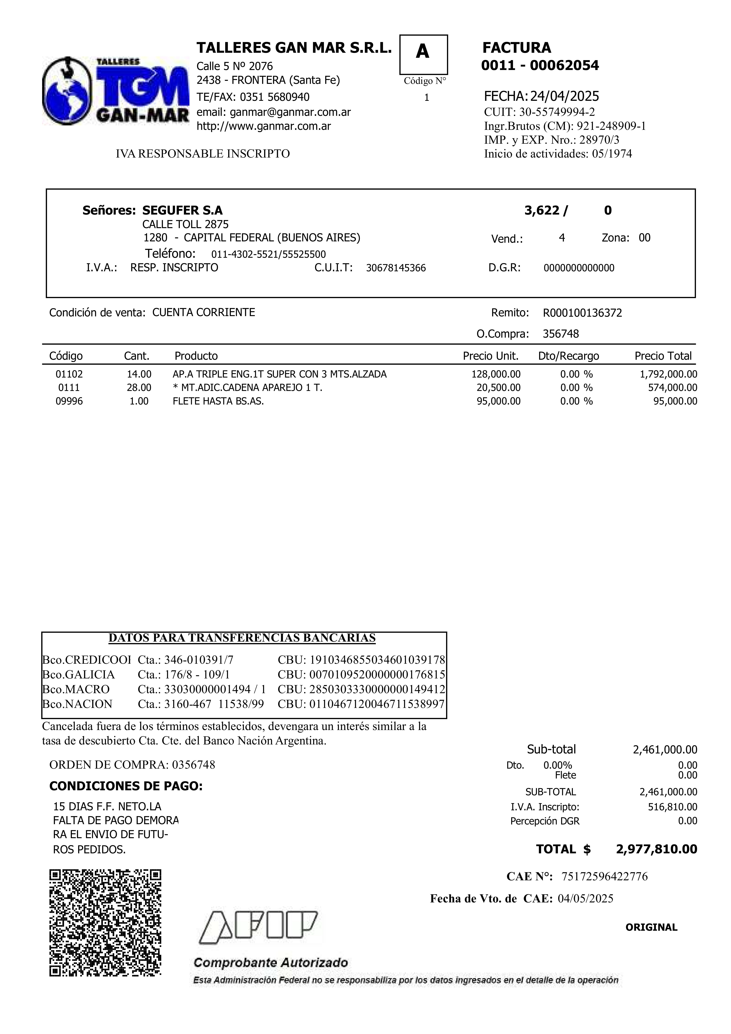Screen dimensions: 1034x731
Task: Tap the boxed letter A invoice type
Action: point(423,53)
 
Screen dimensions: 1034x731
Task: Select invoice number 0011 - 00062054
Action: point(540,66)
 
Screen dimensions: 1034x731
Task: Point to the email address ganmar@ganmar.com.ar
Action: point(290,112)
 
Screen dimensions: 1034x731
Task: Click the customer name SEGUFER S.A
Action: point(182,210)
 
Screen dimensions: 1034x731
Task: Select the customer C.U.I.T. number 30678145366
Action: point(396,268)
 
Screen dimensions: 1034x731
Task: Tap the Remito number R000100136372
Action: point(583,313)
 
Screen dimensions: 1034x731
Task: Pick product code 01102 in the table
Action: point(69,374)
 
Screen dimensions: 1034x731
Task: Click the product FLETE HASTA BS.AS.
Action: point(218,401)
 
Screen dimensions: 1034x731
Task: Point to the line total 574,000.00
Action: point(673,388)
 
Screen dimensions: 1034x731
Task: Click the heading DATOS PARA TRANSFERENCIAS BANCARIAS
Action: point(242,638)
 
